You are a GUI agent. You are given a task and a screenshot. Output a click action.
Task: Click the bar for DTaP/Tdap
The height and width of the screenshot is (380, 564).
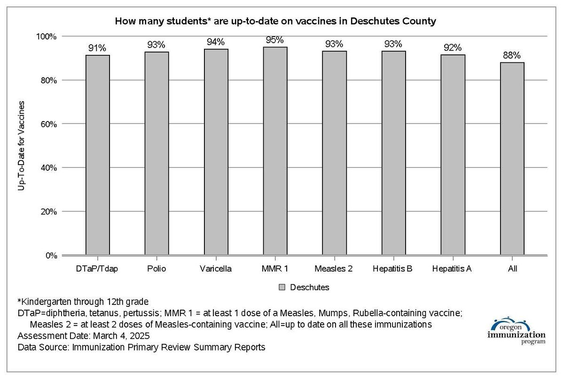98,155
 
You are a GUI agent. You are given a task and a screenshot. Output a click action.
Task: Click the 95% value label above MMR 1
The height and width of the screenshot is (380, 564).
275,40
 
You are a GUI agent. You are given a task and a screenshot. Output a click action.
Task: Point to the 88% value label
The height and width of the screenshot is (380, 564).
512,55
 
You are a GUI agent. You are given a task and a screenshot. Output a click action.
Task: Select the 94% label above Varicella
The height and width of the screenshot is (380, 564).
216,42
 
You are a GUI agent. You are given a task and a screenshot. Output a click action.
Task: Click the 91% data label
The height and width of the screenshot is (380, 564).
98,48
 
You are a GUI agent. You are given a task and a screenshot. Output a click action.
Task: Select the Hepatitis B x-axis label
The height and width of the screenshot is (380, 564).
393,269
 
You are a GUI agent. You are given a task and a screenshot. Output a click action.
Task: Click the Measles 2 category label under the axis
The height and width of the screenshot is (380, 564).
334,269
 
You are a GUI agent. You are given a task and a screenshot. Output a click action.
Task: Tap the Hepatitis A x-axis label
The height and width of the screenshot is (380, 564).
453,269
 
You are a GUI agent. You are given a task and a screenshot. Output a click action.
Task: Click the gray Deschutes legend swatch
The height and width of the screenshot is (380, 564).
282,287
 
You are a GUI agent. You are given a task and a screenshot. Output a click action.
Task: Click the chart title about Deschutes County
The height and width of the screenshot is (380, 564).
276,21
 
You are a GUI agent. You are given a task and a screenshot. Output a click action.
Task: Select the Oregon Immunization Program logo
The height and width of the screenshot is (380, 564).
516,331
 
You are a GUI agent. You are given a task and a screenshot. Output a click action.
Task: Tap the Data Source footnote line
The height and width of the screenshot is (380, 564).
141,348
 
